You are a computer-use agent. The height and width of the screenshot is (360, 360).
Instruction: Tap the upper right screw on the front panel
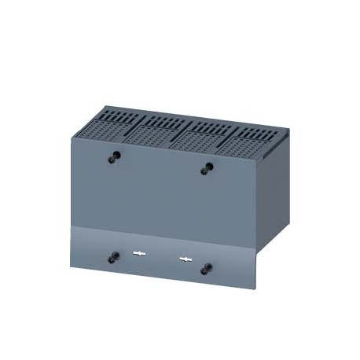(x=207, y=168)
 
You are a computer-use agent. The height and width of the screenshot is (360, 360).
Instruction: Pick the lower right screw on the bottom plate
(x=206, y=268)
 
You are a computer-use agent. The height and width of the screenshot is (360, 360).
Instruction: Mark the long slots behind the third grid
(x=209, y=127)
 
